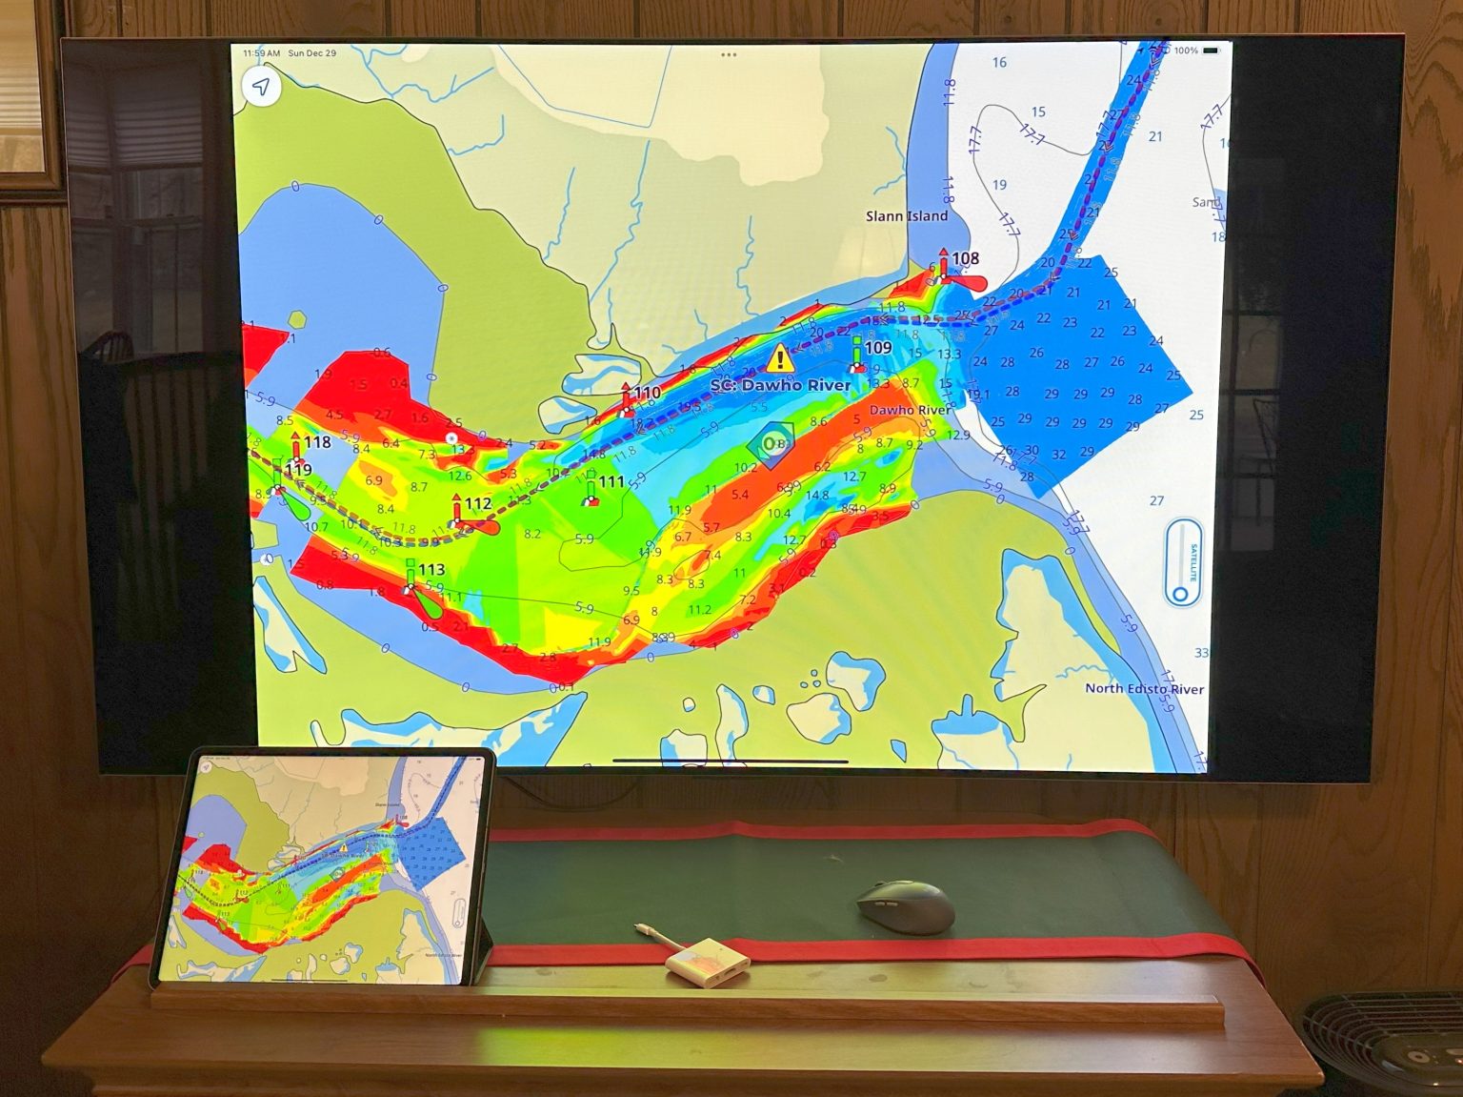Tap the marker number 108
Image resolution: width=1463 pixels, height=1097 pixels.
pyautogui.click(x=965, y=258)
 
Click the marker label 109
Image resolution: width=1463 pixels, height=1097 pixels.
pyautogui.click(x=877, y=348)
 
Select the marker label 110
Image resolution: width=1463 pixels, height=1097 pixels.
pyautogui.click(x=647, y=393)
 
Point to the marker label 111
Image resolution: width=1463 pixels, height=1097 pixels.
pyautogui.click(x=611, y=482)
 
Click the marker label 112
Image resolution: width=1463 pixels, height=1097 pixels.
pyautogui.click(x=478, y=504)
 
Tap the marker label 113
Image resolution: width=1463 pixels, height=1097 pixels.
pyautogui.click(x=431, y=570)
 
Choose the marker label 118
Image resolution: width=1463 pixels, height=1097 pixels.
pyautogui.click(x=317, y=442)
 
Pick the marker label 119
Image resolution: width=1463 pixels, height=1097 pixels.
pyautogui.click(x=298, y=469)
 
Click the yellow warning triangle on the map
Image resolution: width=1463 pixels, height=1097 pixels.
pyautogui.click(x=780, y=359)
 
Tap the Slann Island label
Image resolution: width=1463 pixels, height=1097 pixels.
pyautogui.click(x=906, y=216)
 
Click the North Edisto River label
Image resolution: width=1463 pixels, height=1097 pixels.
pyautogui.click(x=1144, y=688)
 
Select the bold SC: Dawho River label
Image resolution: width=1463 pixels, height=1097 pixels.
pyautogui.click(x=780, y=385)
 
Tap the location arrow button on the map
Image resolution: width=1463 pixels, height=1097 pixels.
pyautogui.click(x=261, y=87)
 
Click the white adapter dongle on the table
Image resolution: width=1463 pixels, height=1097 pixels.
pyautogui.click(x=707, y=958)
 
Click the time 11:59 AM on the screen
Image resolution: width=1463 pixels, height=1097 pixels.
pyautogui.click(x=261, y=53)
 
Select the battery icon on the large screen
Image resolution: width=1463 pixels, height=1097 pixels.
pyautogui.click(x=1211, y=51)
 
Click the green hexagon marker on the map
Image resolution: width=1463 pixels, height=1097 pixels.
pyautogui.click(x=771, y=443)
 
